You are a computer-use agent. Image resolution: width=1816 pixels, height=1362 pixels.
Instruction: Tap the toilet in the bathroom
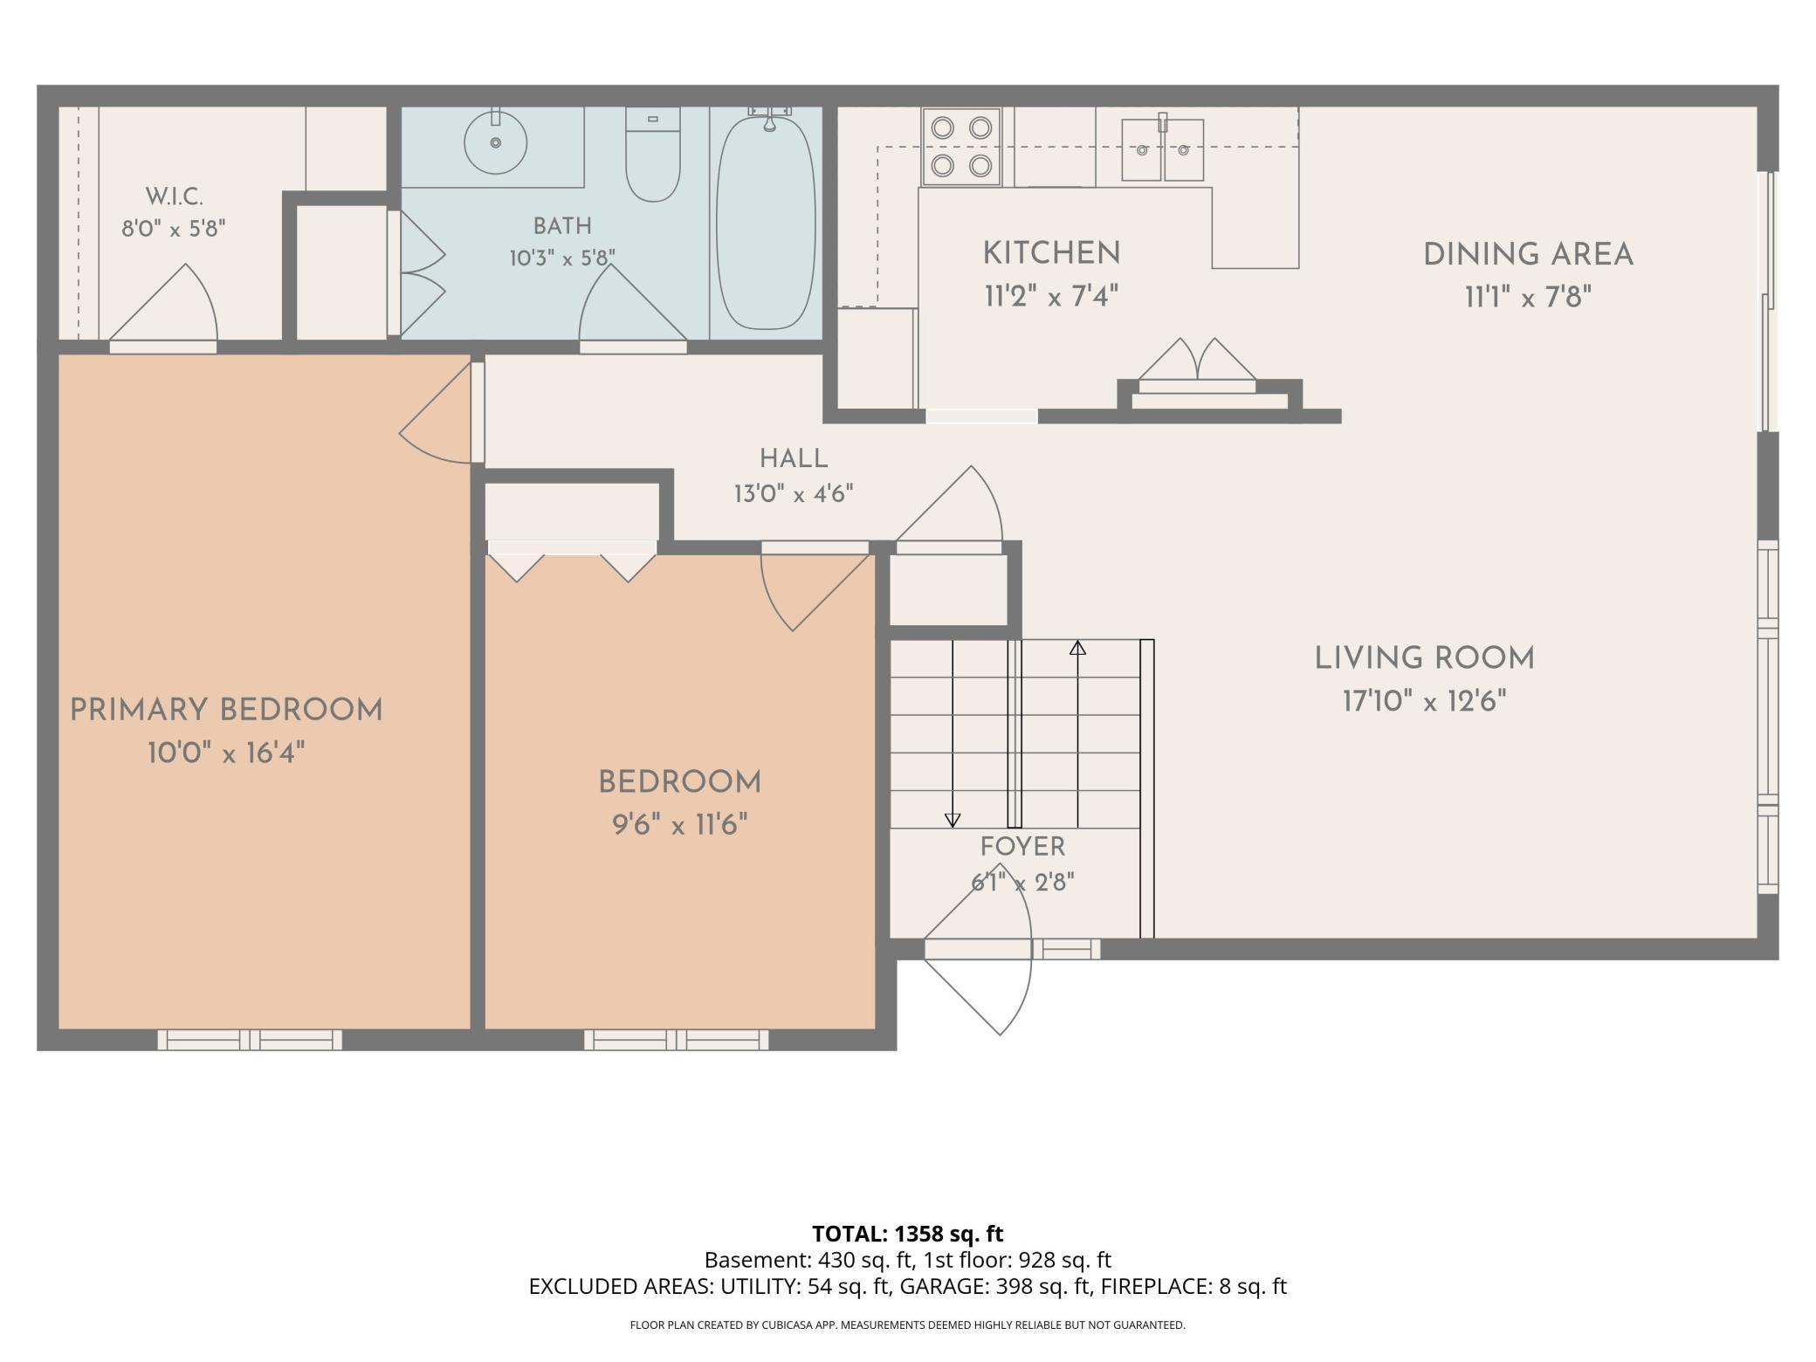(x=653, y=155)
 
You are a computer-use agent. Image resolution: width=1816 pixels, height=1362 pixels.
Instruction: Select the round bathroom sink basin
(x=495, y=141)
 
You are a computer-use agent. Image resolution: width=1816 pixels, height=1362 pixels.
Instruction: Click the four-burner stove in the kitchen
(x=961, y=146)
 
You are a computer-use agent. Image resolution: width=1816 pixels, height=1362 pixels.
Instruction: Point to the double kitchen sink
(x=1163, y=149)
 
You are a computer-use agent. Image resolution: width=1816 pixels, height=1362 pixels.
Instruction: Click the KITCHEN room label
(x=1051, y=253)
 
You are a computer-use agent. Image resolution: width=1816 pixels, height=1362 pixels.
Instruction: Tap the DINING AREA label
(x=1528, y=255)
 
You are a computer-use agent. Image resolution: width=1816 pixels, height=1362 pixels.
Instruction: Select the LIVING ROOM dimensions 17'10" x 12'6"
(x=1425, y=700)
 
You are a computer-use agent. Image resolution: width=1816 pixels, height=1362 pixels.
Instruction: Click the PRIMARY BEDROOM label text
(x=226, y=710)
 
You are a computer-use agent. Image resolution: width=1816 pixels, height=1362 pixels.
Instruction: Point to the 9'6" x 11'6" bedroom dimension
(x=680, y=824)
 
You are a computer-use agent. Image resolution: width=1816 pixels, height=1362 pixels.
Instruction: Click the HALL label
(x=794, y=458)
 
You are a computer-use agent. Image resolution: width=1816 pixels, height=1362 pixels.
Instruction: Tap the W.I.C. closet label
(x=174, y=196)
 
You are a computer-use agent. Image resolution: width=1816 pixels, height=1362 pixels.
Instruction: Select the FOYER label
(x=1022, y=846)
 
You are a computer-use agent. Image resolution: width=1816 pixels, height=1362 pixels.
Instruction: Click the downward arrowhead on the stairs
(x=953, y=821)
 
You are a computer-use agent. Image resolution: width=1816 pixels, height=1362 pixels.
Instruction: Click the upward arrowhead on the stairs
(x=1078, y=648)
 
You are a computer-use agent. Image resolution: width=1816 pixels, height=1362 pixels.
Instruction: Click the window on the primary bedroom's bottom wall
(x=250, y=1039)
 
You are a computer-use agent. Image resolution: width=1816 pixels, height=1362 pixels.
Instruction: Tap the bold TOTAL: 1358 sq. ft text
(x=908, y=1234)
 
